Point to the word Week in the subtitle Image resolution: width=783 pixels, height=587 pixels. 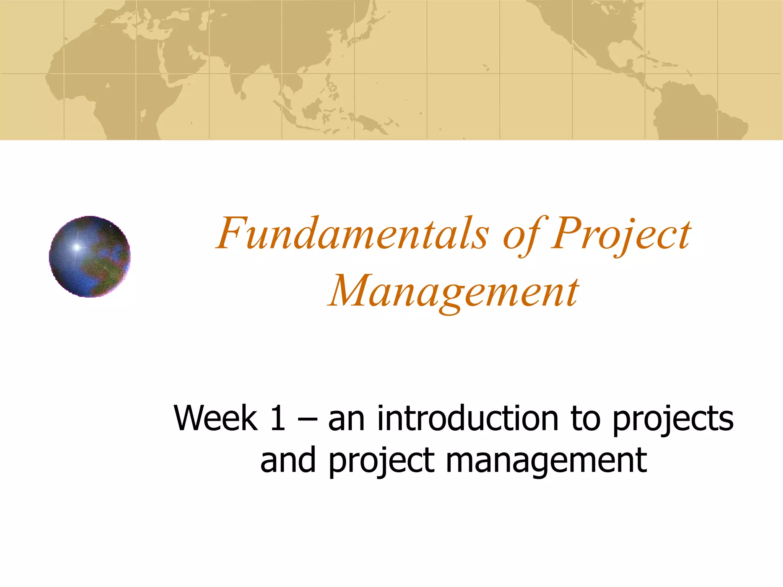216,418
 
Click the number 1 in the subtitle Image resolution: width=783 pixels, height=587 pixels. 278,418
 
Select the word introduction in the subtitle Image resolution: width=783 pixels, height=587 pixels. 469,418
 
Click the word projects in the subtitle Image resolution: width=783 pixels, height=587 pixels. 673,420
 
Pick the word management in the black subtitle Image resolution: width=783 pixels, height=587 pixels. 546,461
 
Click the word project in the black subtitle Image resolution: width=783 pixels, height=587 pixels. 382,461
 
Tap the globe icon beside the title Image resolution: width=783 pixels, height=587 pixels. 90,257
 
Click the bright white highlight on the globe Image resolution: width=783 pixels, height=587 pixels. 76,247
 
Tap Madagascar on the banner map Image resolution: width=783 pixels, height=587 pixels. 143,115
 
